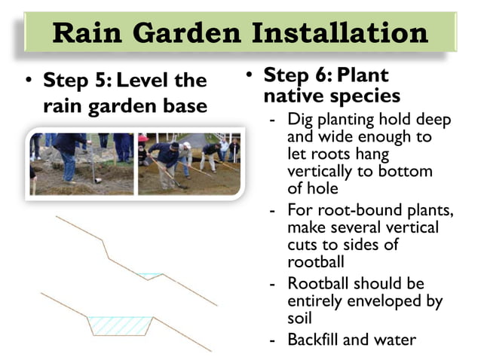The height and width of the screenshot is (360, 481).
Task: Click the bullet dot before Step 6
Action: tap(250, 76)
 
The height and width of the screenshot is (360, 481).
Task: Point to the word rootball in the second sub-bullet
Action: tap(313, 262)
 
